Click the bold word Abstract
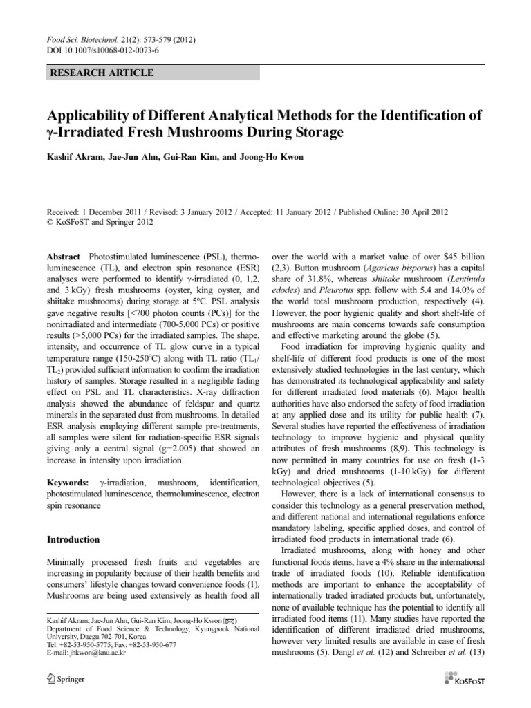click(64, 256)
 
